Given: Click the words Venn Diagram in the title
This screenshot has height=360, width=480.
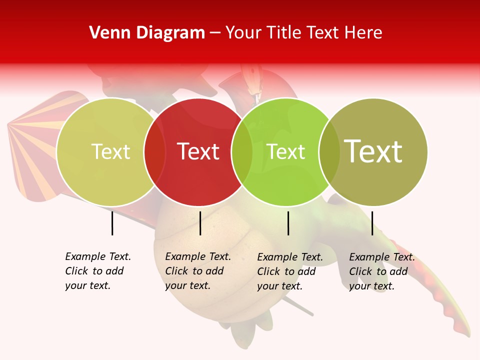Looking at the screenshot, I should pyautogui.click(x=147, y=33).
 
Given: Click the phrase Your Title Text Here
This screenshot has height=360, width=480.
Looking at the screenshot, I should pyautogui.click(x=303, y=33).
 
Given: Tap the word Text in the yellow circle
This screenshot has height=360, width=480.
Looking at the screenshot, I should pyautogui.click(x=110, y=152).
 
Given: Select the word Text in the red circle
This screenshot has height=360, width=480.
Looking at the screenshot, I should pyautogui.click(x=198, y=152).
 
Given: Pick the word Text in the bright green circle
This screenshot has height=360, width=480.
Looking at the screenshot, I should pyautogui.click(x=286, y=152).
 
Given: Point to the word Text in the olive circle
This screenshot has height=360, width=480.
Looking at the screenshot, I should pyautogui.click(x=373, y=151).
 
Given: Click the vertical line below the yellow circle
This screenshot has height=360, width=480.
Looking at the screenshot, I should pyautogui.click(x=112, y=223).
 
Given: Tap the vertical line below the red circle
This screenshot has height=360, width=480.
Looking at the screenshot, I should pyautogui.click(x=200, y=223).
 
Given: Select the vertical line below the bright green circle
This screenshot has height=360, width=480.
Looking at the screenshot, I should pyautogui.click(x=288, y=223).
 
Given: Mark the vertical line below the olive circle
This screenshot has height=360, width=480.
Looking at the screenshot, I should pyautogui.click(x=372, y=223).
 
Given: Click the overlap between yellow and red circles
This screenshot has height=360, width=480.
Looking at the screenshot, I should pyautogui.click(x=154, y=152).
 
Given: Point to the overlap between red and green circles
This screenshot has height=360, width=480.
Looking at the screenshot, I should pyautogui.click(x=242, y=152).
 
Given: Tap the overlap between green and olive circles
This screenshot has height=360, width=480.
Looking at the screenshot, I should pyautogui.click(x=329, y=152).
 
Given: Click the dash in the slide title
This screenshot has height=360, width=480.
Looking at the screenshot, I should pyautogui.click(x=215, y=33).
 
